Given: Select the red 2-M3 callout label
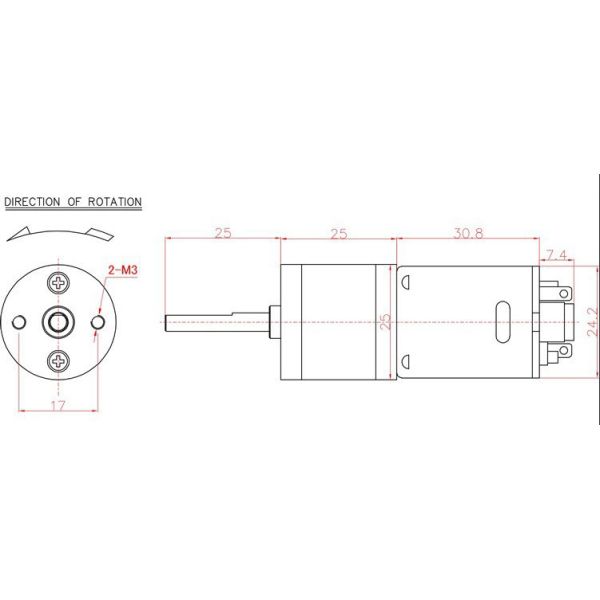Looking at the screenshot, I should coord(122,270).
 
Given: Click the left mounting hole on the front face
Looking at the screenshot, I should coord(20,321).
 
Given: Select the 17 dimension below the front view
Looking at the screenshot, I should coord(59,405).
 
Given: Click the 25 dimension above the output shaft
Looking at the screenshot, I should coord(222,233).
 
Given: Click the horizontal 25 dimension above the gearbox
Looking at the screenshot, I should coord(339,233).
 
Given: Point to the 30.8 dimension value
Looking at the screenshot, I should coord(467,233).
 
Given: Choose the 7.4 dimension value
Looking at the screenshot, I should coord(557,256).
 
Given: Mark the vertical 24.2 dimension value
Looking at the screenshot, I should coord(592,322).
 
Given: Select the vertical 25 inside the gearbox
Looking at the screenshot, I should coord(386,322).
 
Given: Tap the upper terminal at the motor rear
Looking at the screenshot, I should coord(564,293).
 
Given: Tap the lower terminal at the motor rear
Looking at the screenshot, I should coord(564,352).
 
